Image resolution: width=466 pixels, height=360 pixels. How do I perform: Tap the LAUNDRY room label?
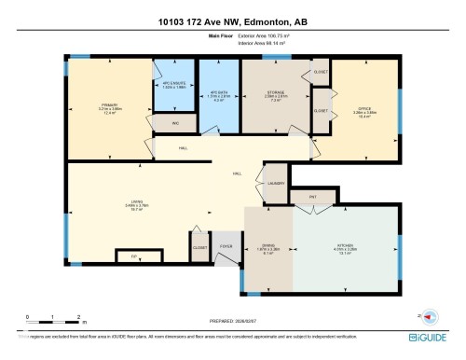(x=276, y=183)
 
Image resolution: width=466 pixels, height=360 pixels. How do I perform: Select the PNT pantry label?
(x=313, y=197)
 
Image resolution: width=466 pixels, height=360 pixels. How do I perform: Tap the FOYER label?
(x=226, y=247)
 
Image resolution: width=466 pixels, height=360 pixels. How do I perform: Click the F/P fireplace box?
(x=134, y=254)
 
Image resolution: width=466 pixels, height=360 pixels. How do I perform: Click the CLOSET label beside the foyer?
(x=199, y=247)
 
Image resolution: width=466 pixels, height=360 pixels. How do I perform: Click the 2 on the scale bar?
(x=80, y=317)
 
